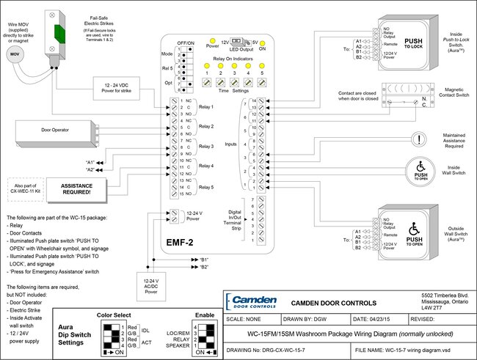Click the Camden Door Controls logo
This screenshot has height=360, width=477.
(252, 302)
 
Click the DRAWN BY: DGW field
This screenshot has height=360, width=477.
(311, 319)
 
